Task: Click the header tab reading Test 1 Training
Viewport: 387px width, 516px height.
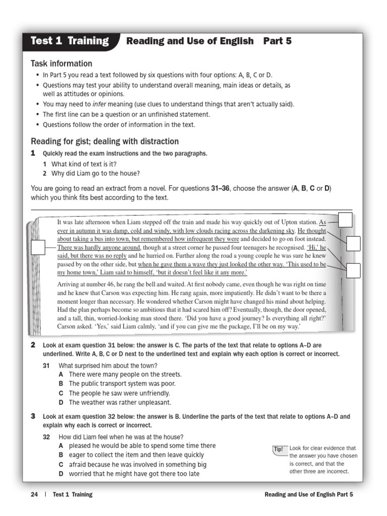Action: click(x=70, y=41)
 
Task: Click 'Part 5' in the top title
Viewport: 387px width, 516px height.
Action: click(x=277, y=41)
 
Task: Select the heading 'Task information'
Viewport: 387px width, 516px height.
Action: click(x=61, y=63)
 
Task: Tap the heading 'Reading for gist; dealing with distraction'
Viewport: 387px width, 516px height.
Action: click(x=105, y=141)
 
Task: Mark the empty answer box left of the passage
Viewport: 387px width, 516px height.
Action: click(x=38, y=247)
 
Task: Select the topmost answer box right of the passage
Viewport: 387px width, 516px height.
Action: click(x=345, y=220)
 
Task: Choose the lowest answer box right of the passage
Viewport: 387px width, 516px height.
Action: click(x=353, y=271)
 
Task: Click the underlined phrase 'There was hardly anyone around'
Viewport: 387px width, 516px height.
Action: click(x=98, y=247)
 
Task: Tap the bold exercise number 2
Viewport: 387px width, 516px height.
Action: click(x=33, y=345)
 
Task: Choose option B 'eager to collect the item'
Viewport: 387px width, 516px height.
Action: click(x=131, y=455)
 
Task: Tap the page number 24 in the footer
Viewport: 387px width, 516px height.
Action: click(x=34, y=494)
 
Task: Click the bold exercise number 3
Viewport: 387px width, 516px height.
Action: click(x=33, y=416)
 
